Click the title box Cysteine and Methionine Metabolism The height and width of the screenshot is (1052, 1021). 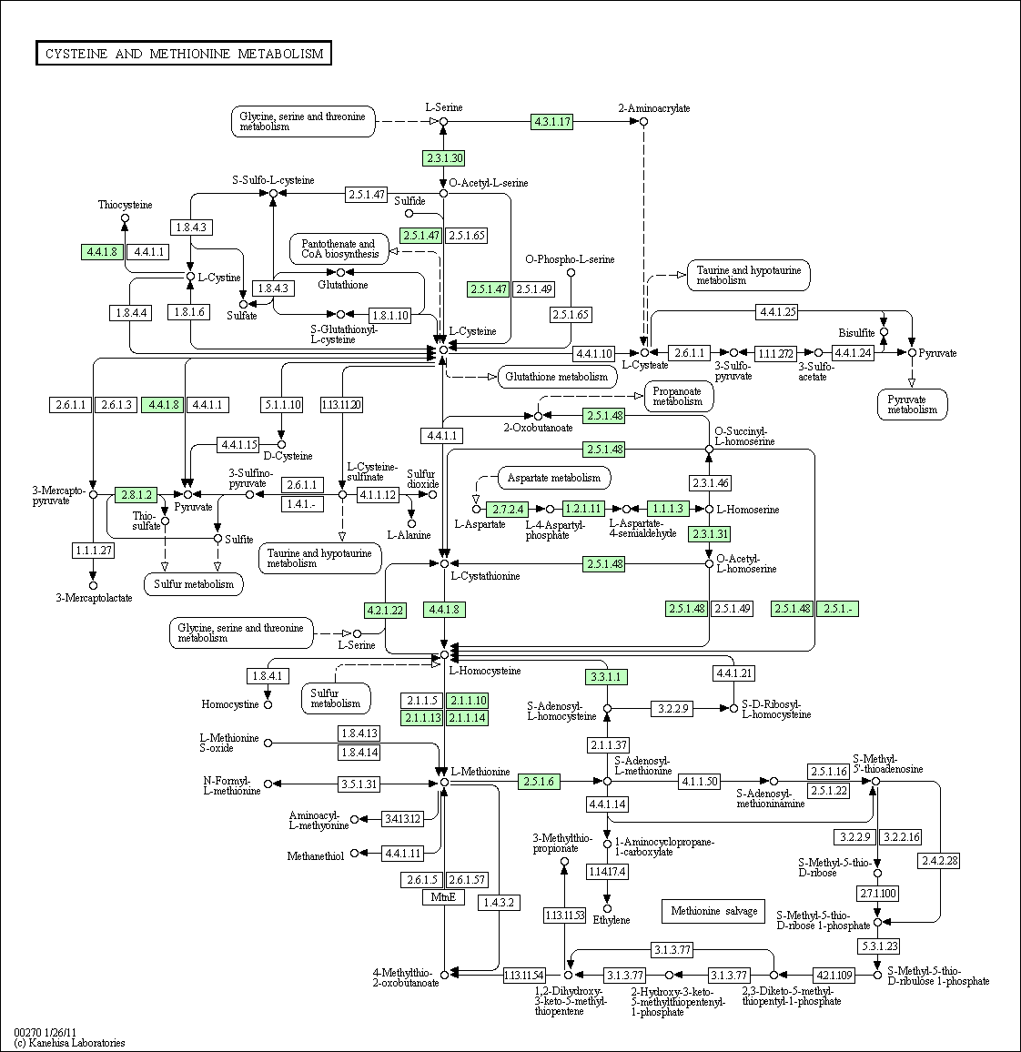pos(184,54)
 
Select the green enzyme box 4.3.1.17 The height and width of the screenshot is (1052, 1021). pos(551,121)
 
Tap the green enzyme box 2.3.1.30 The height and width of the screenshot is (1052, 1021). pos(443,158)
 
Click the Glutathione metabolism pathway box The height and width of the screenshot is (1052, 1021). pos(557,377)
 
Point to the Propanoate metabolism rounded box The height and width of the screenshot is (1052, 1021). pos(678,397)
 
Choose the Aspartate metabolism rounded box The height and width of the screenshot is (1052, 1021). pos(554,479)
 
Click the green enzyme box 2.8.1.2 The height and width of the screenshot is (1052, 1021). pos(136,495)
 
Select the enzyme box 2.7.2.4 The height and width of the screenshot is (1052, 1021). pos(507,510)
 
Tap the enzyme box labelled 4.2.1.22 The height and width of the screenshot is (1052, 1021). pos(385,611)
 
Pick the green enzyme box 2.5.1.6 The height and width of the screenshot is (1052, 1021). pos(539,782)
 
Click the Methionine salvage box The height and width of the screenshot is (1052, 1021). pos(713,911)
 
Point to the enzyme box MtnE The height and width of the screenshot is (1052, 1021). pos(443,897)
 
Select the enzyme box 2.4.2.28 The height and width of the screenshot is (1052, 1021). pos(940,860)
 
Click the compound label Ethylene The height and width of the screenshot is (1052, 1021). pos(612,920)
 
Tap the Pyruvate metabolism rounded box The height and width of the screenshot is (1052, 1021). pos(913,405)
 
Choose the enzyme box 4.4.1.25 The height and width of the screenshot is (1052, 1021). pos(777,311)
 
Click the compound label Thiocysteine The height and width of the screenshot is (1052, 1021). pos(125,205)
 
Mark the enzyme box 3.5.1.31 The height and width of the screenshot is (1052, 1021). pos(359,784)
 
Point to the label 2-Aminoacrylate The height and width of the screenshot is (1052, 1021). pos(654,108)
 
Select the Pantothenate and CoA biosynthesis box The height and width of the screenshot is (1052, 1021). pos(339,249)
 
